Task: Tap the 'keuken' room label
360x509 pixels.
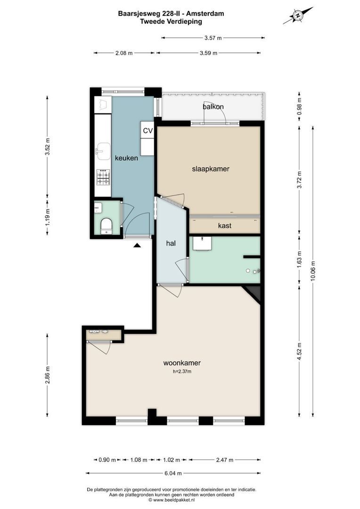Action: [x=126, y=158]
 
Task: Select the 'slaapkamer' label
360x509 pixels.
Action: [x=210, y=169]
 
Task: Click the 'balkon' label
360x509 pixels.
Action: [x=213, y=107]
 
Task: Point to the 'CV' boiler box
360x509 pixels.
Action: [x=147, y=131]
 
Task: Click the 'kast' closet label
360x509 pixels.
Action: [x=224, y=226]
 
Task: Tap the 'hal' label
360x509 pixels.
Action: [x=171, y=244]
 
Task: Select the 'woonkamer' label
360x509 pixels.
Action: [x=182, y=363]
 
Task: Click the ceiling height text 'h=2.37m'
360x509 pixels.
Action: [x=182, y=372]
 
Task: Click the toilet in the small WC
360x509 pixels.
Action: [x=106, y=226]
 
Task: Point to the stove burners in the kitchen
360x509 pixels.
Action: [x=103, y=178]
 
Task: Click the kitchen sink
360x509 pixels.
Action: [x=102, y=151]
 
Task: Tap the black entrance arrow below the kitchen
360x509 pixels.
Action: [x=137, y=245]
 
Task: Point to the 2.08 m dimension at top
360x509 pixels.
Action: [x=123, y=53]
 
